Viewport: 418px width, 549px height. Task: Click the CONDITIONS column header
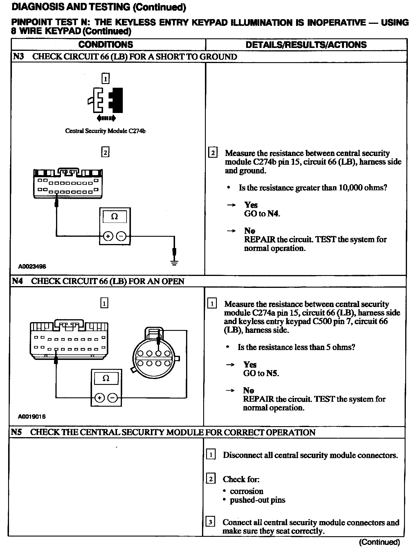click(105, 44)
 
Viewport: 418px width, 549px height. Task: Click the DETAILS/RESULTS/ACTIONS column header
click(306, 45)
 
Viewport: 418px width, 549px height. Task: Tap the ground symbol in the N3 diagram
click(174, 263)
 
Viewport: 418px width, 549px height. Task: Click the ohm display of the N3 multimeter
click(115, 217)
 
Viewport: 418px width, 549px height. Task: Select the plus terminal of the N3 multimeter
click(108, 236)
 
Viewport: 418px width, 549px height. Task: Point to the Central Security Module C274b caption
click(105, 131)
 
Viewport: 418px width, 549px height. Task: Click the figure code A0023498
click(32, 266)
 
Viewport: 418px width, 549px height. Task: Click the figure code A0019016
click(32, 417)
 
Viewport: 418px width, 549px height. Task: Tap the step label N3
click(18, 56)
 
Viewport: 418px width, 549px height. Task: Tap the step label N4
click(17, 281)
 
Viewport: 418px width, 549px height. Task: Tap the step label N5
click(17, 432)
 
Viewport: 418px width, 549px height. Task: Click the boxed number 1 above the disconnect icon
click(106, 78)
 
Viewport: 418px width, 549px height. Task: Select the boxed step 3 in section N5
click(210, 522)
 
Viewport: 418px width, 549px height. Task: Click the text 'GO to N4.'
click(262, 214)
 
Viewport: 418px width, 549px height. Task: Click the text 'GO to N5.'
click(261, 373)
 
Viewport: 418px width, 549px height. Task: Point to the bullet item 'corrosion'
click(246, 491)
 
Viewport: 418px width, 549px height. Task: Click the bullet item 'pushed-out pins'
click(257, 500)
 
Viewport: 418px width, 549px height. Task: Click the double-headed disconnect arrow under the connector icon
click(106, 118)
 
